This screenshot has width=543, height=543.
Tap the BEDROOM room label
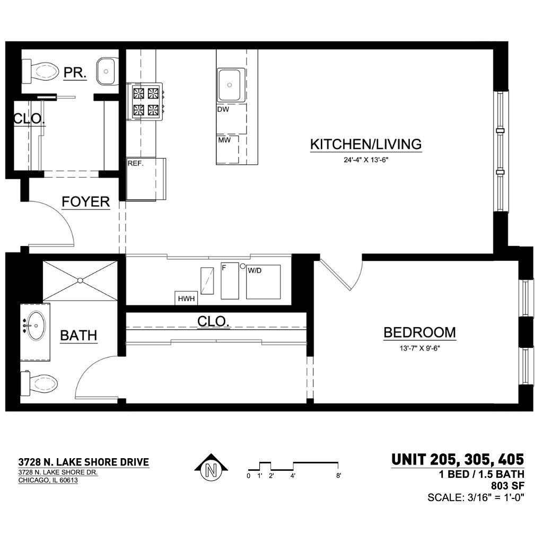point(420,332)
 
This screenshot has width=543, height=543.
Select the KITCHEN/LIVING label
point(366,144)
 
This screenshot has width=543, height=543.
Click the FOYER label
point(86,202)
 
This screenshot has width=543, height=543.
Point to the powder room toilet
point(40,72)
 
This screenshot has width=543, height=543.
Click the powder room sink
point(106,72)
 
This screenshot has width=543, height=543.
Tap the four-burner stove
point(145,101)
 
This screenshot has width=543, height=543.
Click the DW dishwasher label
point(223,109)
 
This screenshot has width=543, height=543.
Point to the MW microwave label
point(224,140)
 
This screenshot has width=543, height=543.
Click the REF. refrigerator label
point(135,163)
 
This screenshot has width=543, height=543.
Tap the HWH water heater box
point(186,298)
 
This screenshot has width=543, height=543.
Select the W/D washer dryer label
point(255,270)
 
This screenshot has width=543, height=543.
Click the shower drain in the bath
point(80,280)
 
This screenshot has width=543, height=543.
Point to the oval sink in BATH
point(36,326)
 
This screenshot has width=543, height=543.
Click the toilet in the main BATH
point(39,383)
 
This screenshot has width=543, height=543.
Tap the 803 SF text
point(507,486)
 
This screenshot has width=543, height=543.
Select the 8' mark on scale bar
point(338,476)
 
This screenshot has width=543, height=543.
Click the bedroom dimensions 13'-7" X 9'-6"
point(420,348)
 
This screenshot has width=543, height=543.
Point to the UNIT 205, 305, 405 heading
point(458,460)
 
